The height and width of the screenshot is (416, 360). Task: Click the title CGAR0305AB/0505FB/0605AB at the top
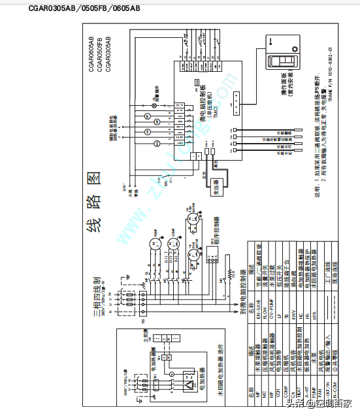[84, 8]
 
